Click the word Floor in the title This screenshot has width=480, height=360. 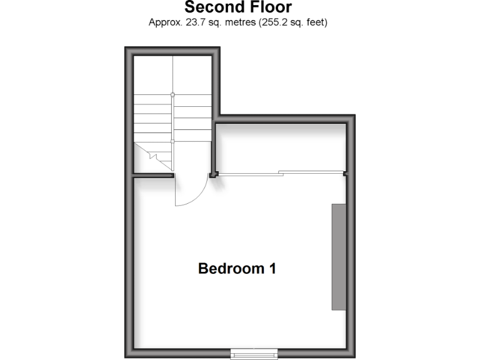click(x=269, y=7)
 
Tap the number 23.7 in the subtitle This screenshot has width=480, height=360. click(x=191, y=22)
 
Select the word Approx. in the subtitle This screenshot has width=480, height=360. click(x=164, y=22)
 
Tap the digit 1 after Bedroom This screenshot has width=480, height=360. click(x=272, y=269)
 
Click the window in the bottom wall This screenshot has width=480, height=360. click(x=246, y=354)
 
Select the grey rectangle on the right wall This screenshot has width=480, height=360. click(x=338, y=256)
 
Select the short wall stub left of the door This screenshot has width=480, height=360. click(x=153, y=176)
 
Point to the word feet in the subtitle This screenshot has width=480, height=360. click(x=316, y=22)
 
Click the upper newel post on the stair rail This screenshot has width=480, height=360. click(x=173, y=95)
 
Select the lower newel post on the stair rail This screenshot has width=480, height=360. click(x=173, y=141)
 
